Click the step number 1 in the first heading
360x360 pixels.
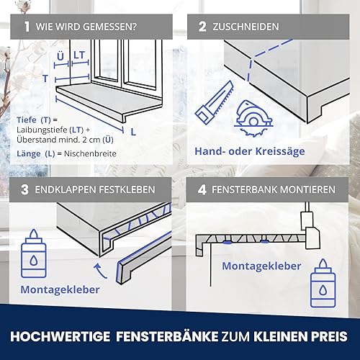click(x=27, y=27)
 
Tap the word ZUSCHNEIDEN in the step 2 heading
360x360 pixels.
click(x=246, y=27)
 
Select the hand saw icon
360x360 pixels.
click(x=215, y=102)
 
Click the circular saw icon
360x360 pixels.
click(x=253, y=118)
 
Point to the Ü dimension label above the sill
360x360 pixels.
click(x=60, y=56)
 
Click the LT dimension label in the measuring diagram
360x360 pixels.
click(x=79, y=55)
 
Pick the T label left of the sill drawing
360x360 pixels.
click(x=45, y=78)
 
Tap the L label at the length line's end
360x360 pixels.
click(x=133, y=132)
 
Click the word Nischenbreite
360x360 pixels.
click(x=90, y=153)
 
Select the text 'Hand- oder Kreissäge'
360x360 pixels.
click(x=250, y=151)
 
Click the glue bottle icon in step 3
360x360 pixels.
click(x=34, y=253)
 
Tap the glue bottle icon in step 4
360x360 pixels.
click(x=323, y=283)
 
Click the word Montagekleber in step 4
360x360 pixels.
click(x=261, y=266)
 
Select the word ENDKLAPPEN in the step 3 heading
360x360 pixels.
click(x=66, y=189)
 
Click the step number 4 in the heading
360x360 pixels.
click(x=202, y=189)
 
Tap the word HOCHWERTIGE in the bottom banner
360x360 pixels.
click(x=60, y=336)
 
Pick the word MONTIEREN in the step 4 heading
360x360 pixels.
click(x=307, y=189)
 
